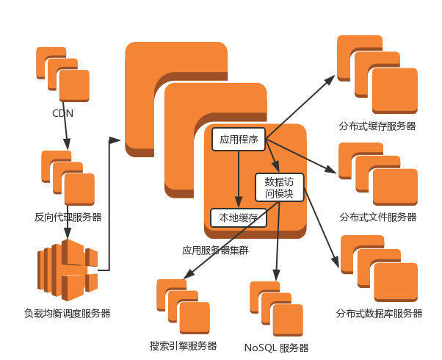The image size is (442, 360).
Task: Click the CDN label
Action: (x=62, y=113)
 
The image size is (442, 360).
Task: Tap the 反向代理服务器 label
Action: (x=68, y=217)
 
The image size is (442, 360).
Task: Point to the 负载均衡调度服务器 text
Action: (x=67, y=313)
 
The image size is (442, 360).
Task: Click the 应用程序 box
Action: (x=239, y=138)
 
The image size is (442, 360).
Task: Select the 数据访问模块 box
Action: (x=279, y=187)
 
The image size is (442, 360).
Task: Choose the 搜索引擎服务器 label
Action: (x=184, y=345)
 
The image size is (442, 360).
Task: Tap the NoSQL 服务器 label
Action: (x=276, y=348)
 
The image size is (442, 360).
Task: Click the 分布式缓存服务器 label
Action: (x=377, y=126)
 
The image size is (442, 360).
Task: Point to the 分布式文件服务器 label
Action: (x=378, y=217)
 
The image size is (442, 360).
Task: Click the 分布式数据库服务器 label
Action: (x=380, y=314)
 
